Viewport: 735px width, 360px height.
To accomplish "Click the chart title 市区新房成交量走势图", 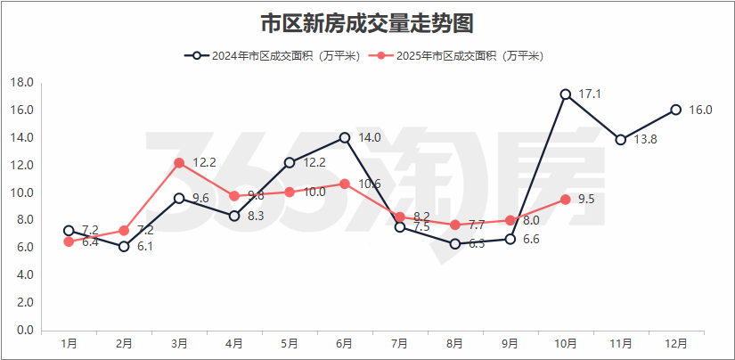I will click(366, 22).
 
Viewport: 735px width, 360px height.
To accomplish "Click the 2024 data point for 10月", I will click(566, 94).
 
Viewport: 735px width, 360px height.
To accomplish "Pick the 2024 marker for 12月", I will click(676, 110).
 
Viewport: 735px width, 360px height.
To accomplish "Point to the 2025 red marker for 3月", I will click(179, 162).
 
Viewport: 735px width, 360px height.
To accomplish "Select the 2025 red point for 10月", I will click(566, 200).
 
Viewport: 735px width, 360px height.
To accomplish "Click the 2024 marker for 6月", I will click(345, 137).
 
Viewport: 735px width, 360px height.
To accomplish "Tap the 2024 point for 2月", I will click(124, 246).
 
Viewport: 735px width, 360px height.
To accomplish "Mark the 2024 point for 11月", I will click(621, 140).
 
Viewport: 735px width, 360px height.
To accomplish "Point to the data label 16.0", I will click(701, 110).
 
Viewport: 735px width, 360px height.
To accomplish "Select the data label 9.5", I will click(586, 200).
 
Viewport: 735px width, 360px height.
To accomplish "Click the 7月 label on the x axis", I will click(400, 343).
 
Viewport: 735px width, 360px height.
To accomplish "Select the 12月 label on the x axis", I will click(676, 343).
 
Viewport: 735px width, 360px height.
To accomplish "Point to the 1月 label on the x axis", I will click(69, 343).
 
